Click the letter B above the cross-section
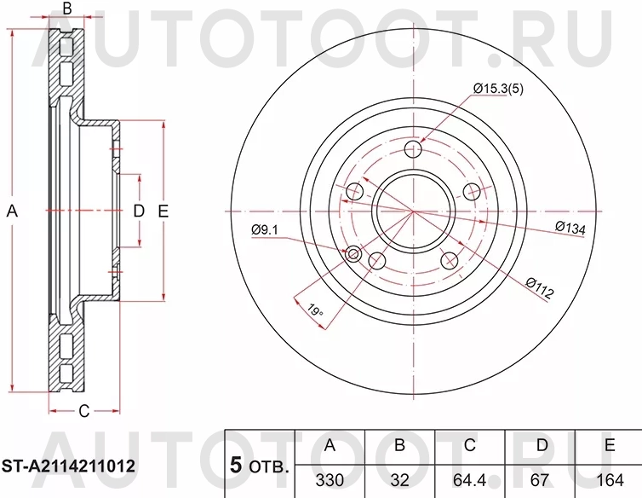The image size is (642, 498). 67,10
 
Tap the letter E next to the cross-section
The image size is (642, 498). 163,211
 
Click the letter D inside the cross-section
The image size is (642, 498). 138,211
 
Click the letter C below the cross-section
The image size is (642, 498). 83,412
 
